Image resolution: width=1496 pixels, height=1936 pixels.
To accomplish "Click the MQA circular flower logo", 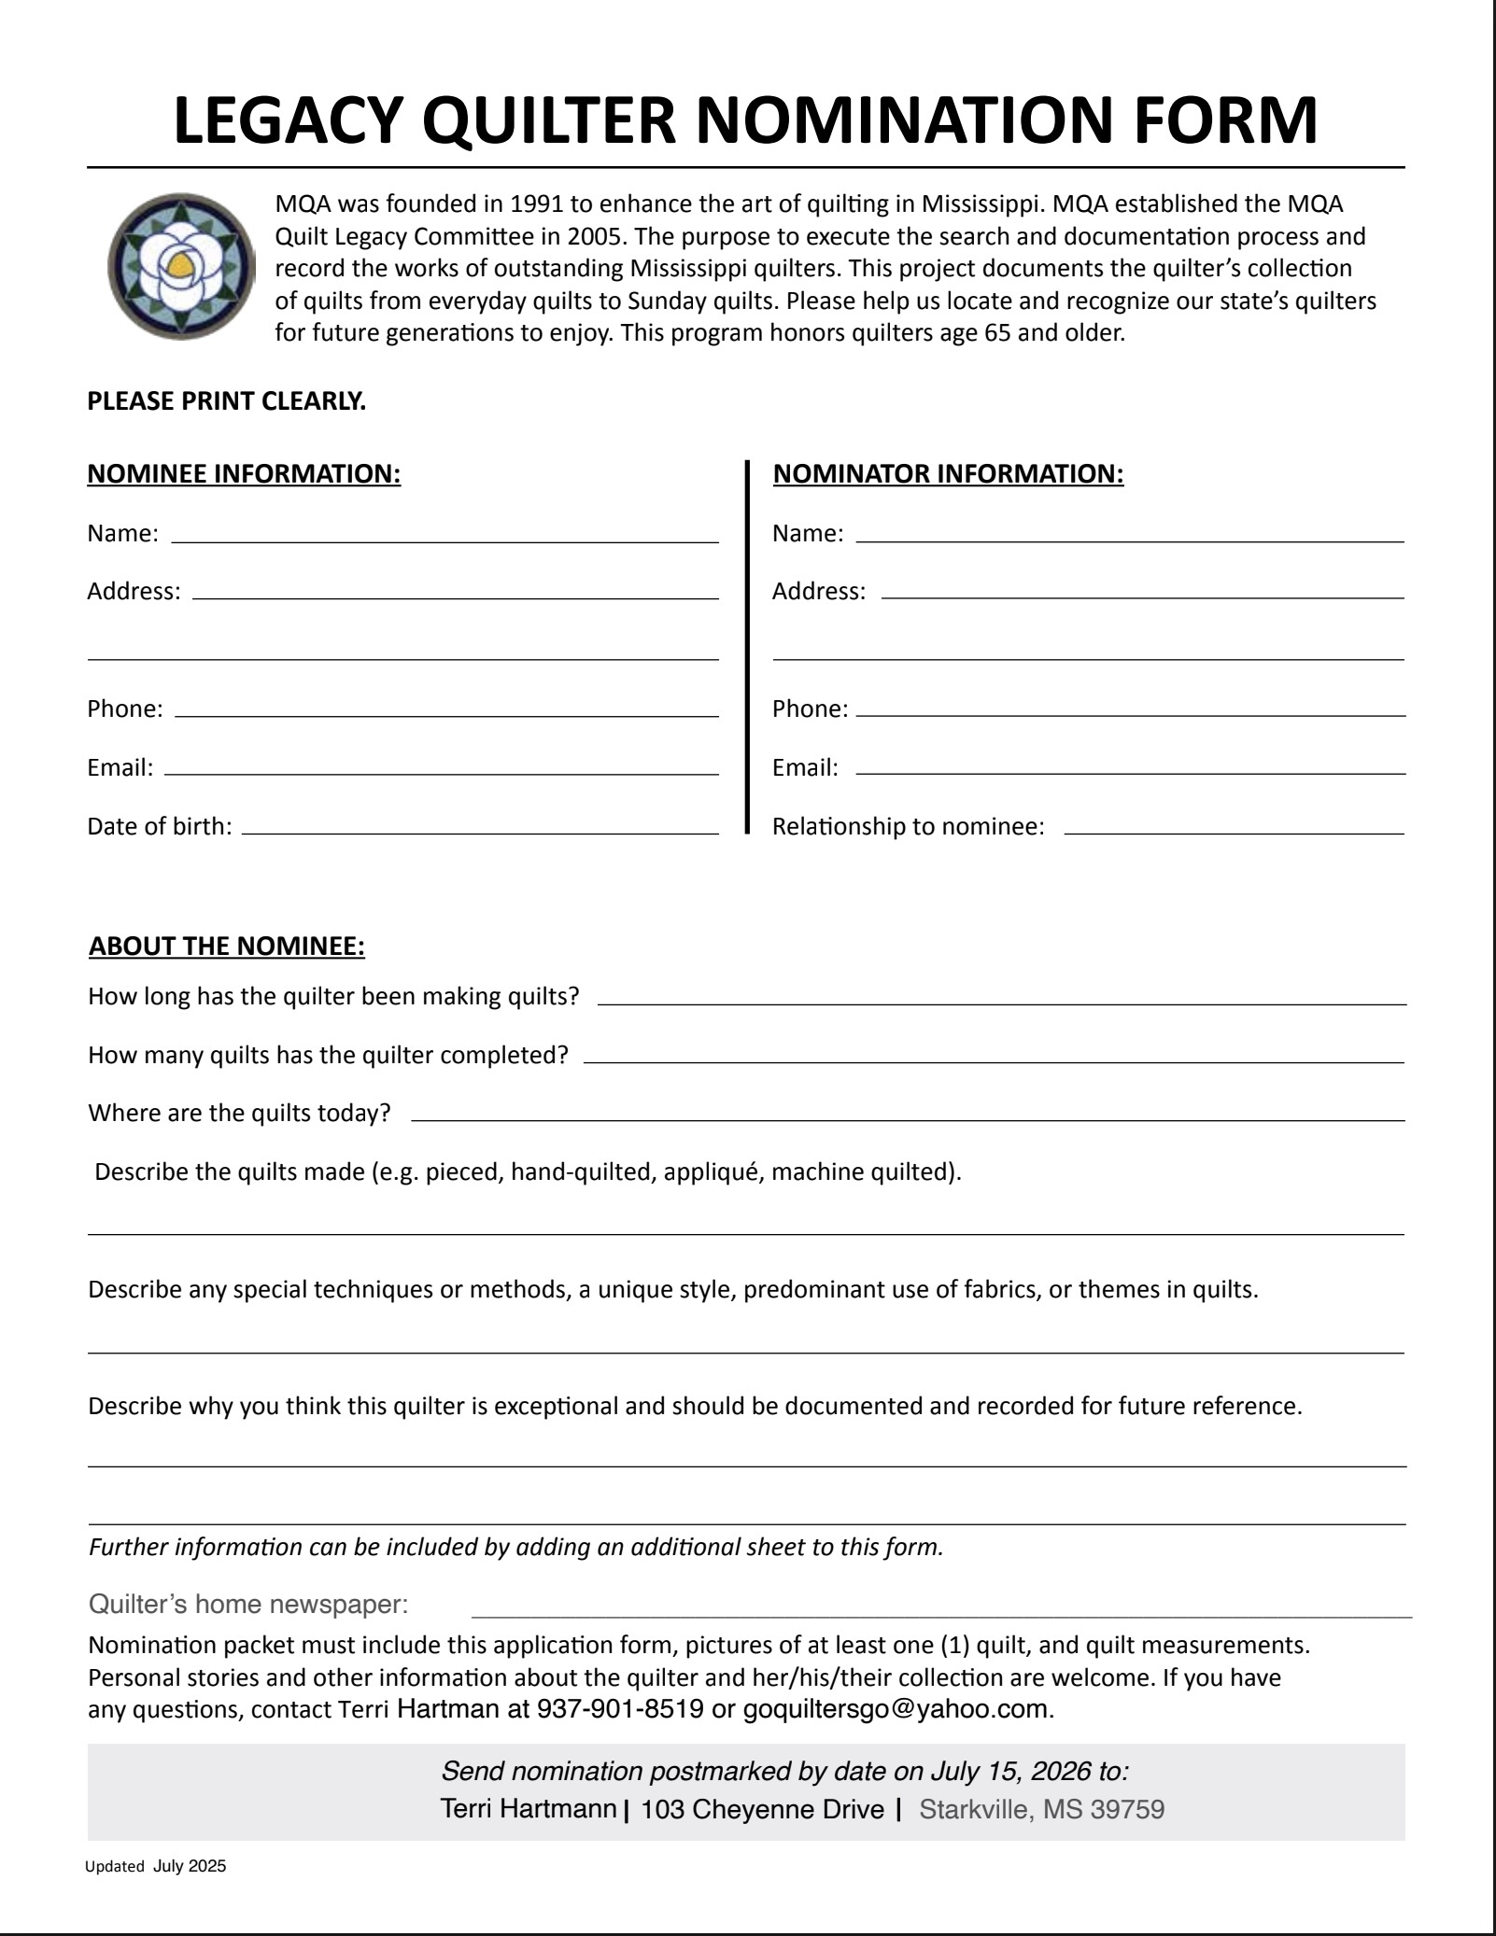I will coord(181,266).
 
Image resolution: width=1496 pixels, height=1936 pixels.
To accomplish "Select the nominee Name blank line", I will coord(445,540).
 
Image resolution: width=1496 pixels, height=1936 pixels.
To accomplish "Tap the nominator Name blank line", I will coord(1130,540).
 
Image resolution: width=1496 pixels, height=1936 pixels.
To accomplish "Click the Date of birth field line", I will coord(480,831).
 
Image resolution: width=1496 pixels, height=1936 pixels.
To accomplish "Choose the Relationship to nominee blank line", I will coord(1234,831).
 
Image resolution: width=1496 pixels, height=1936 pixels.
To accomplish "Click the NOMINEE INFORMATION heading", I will coord(244,474).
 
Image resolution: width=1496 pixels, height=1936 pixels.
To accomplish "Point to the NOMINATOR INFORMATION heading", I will coord(948,474).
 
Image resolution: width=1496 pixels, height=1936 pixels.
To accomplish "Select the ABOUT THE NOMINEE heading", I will coord(227,947).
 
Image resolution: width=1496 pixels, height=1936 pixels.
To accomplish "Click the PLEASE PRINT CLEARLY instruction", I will coord(226,401).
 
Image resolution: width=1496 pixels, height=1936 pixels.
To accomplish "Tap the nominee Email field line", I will coord(441,773).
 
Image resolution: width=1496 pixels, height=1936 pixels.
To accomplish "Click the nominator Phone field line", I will coord(1130,714).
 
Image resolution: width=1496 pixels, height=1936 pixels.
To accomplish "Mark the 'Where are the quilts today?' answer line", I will coord(908,1118).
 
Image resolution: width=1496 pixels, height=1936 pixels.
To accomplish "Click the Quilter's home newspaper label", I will coord(248,1605).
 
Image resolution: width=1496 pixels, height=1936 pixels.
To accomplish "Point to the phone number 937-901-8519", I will coord(620,1709).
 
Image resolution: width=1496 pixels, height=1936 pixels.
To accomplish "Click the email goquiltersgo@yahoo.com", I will coord(895,1709).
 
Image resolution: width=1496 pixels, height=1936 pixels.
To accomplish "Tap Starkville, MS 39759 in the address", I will coord(1042,1810).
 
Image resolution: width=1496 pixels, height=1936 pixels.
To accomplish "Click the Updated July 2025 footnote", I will coord(156,1867).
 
